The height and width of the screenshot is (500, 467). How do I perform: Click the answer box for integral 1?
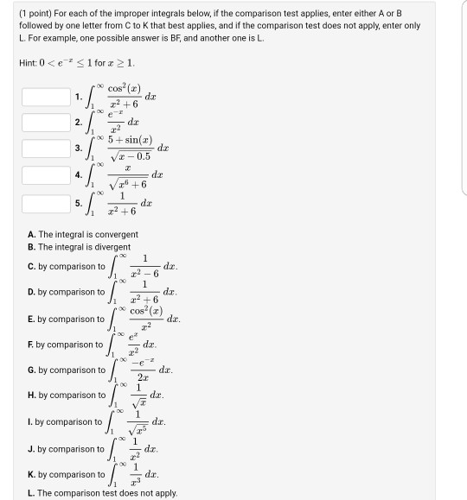click(x=45, y=97)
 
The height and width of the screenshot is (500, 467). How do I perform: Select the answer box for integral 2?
click(x=45, y=123)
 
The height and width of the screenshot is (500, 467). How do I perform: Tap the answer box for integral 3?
click(x=45, y=149)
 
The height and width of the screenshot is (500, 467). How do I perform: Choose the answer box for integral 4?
click(x=45, y=176)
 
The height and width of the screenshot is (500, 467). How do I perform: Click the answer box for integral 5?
click(x=45, y=204)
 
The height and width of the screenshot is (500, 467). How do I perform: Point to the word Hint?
click(x=27, y=63)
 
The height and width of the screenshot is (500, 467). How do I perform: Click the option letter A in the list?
click(x=30, y=234)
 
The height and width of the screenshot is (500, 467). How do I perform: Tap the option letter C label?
click(x=30, y=266)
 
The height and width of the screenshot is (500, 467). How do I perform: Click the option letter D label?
click(x=30, y=292)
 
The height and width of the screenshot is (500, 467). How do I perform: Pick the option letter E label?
click(x=30, y=319)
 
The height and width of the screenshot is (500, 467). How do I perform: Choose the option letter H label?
click(x=30, y=396)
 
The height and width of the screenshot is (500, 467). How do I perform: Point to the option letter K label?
click(x=30, y=474)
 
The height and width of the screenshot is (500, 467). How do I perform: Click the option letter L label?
click(x=29, y=493)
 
